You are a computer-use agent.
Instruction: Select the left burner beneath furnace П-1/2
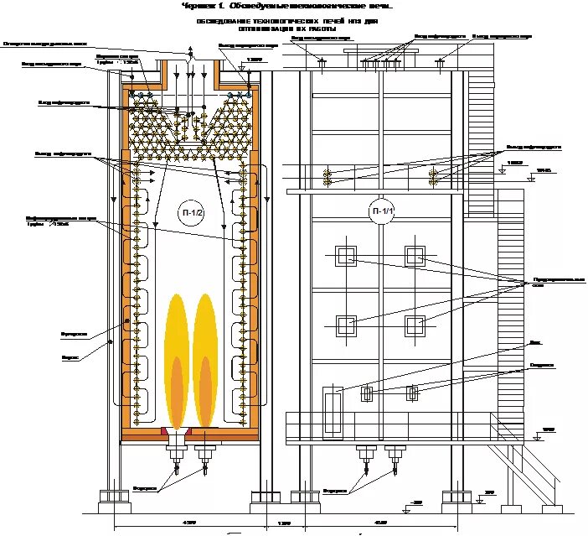pos(177,454)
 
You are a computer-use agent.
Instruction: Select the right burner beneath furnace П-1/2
pos(204,454)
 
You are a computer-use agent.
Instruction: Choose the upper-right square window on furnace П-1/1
pos(415,256)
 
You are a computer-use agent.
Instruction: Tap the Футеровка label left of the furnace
pos(75,333)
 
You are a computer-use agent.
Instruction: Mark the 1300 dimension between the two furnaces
pos(284,523)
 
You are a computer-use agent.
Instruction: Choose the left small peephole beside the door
pos(366,393)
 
